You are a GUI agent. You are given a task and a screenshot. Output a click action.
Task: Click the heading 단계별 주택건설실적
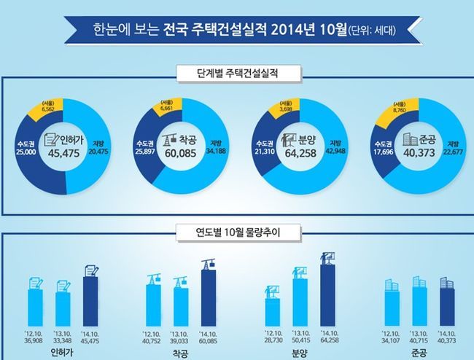[x=237, y=73]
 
